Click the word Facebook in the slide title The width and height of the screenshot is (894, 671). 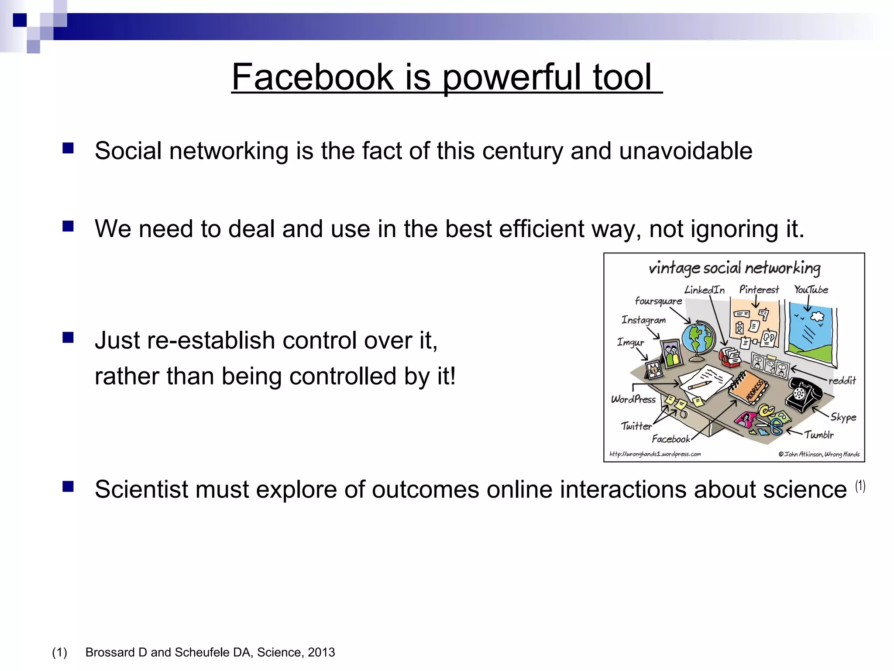coord(313,77)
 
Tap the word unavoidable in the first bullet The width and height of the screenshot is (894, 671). coord(686,151)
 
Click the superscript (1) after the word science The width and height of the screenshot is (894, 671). coord(860,486)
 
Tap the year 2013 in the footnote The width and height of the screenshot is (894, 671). coord(321,652)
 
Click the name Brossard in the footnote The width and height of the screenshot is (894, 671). coord(110,652)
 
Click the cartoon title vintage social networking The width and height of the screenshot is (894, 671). coord(734,268)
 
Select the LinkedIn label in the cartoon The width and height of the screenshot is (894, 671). coord(704,290)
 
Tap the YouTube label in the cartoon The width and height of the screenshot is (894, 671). coord(811,290)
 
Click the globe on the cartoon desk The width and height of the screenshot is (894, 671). coord(699,339)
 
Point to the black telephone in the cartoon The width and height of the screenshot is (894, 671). coord(803,394)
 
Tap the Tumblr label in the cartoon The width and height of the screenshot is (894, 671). coord(819,435)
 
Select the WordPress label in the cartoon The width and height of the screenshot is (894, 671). coord(633,399)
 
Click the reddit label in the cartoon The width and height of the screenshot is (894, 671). coord(842,380)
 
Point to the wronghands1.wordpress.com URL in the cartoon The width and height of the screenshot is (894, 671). coord(655,454)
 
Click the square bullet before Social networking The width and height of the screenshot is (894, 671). coord(68,149)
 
